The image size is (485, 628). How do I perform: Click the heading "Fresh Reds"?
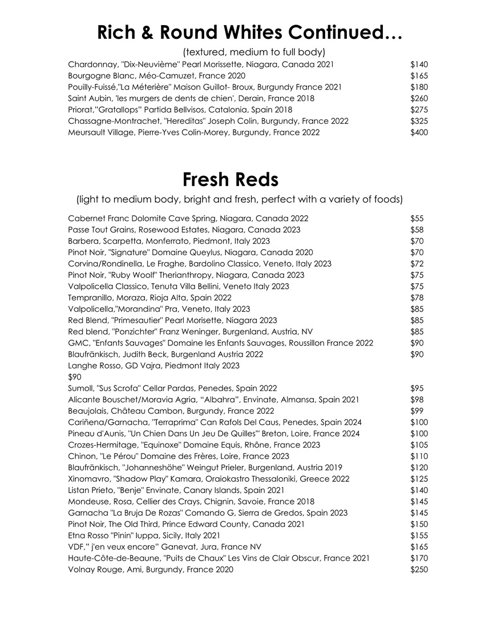pyautogui.click(x=231, y=180)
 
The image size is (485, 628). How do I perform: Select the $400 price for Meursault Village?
pyautogui.click(x=419, y=132)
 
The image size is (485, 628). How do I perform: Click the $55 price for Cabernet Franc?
pyautogui.click(x=417, y=219)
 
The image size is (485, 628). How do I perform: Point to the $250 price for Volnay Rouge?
pyautogui.click(x=419, y=569)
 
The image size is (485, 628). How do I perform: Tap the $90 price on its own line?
pyautogui.click(x=75, y=377)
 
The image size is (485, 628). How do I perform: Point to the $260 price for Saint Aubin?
pyautogui.click(x=419, y=98)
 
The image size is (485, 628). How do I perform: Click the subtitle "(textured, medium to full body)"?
pyautogui.click(x=253, y=51)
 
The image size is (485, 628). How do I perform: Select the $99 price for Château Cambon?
pyautogui.click(x=417, y=411)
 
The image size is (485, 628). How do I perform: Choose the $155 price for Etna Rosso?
pyautogui.click(x=419, y=536)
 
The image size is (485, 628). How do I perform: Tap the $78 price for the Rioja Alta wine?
pyautogui.click(x=417, y=298)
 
